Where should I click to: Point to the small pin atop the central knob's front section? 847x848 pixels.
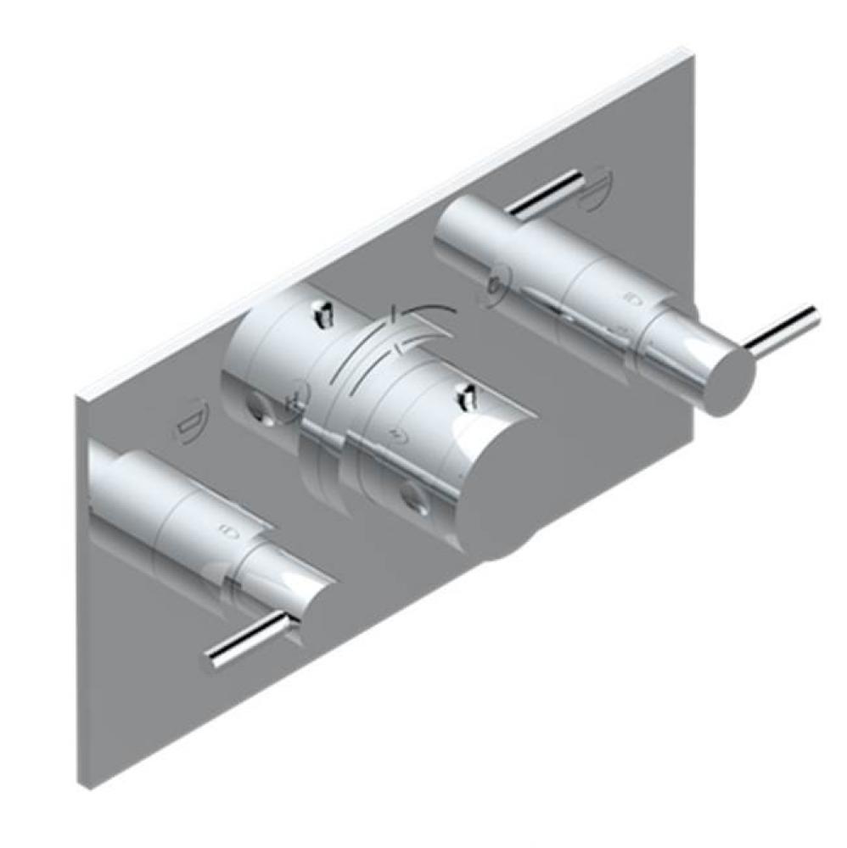465,393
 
